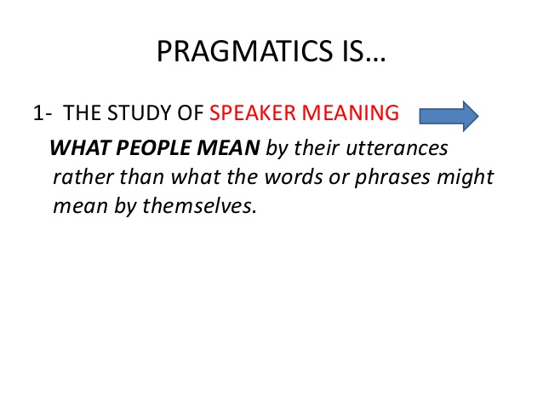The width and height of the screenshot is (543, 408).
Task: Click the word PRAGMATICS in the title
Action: click(x=244, y=51)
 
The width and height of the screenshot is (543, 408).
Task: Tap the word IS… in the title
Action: click(x=364, y=51)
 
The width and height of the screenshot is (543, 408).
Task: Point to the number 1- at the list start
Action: click(x=43, y=113)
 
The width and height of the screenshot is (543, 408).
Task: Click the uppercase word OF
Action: click(x=191, y=113)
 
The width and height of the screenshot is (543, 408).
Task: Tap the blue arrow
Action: click(x=449, y=116)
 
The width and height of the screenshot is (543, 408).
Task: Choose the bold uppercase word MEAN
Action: click(x=228, y=147)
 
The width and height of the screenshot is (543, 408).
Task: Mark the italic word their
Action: click(x=317, y=147)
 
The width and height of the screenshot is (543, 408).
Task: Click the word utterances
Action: click(x=397, y=148)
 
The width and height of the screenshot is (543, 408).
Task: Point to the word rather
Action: click(x=83, y=177)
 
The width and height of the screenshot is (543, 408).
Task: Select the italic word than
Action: click(x=142, y=177)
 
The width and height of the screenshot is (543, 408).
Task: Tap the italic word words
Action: click(x=294, y=177)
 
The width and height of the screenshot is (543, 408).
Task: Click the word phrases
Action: click(x=392, y=178)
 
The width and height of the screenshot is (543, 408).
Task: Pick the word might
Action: click(x=465, y=178)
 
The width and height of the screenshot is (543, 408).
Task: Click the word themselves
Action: click(x=199, y=205)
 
